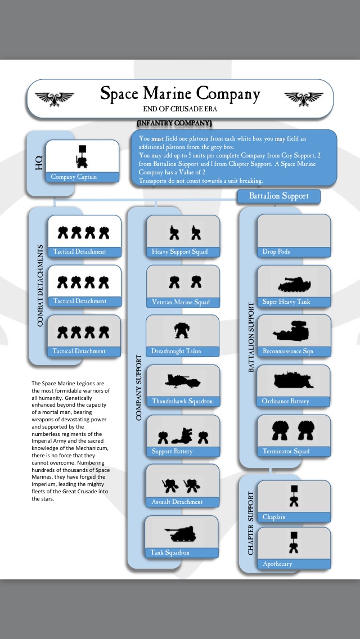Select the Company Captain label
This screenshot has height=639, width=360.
tap(74, 177)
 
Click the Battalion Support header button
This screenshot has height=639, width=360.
tap(279, 196)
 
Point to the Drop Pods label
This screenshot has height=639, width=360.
tap(276, 252)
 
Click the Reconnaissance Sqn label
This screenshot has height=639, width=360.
tap(287, 352)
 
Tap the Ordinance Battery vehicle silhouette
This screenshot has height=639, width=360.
tap(292, 381)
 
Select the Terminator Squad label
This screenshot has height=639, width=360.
tap(286, 452)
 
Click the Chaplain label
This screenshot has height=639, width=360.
tap(274, 517)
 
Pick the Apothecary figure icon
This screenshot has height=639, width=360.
tap(294, 541)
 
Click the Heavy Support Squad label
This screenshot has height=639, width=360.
tap(180, 252)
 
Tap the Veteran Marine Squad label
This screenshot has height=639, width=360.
tap(181, 303)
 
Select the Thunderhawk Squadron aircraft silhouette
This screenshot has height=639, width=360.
tap(182, 381)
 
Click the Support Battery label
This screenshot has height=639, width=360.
tap(172, 452)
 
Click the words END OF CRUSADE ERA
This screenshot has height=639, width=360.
tap(180, 108)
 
